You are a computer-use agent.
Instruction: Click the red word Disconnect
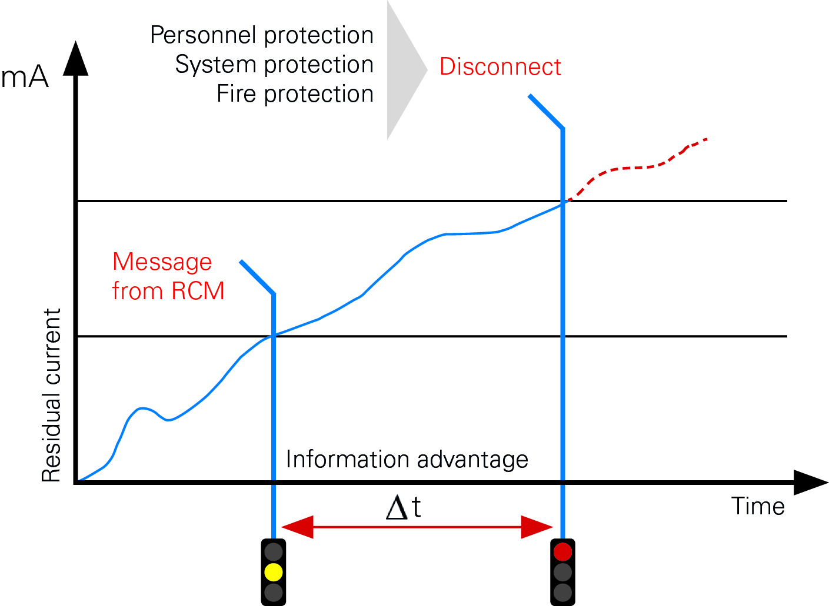pyautogui.click(x=500, y=66)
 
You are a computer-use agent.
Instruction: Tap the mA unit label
pyautogui.click(x=25, y=76)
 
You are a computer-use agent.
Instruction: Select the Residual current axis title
pyautogui.click(x=51, y=395)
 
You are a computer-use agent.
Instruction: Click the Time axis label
pyautogui.click(x=758, y=506)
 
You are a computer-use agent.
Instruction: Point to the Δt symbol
pyautogui.click(x=403, y=507)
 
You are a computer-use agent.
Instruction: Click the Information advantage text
pyautogui.click(x=407, y=460)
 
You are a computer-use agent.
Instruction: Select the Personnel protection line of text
pyautogui.click(x=262, y=35)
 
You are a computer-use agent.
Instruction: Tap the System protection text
pyautogui.click(x=274, y=65)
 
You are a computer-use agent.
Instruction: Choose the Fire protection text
pyautogui.click(x=295, y=94)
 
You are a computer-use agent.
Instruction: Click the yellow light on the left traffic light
pyautogui.click(x=274, y=572)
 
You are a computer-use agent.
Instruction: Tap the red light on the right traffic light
pyautogui.click(x=562, y=552)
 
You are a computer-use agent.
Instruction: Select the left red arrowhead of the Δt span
pyautogui.click(x=297, y=527)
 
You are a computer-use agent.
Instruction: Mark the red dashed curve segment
pyautogui.click(x=636, y=168)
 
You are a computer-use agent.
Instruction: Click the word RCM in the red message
pyautogui.click(x=198, y=290)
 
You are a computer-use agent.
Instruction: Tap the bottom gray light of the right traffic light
pyautogui.click(x=562, y=592)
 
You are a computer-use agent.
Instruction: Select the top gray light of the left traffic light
pyautogui.click(x=274, y=552)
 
